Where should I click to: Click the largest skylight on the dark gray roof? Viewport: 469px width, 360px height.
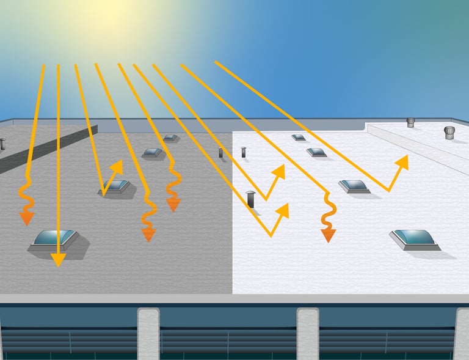pos(55,239)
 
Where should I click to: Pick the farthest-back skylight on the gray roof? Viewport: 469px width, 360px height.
pos(170,138)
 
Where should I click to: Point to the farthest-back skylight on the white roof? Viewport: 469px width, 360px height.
pos(299,138)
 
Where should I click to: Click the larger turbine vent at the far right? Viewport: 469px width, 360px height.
pos(449,133)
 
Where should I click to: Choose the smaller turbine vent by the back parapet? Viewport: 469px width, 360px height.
pos(410,122)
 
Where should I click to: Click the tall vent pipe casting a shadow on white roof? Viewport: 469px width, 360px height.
pos(250,199)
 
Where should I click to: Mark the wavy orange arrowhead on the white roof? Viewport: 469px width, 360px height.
pos(329,234)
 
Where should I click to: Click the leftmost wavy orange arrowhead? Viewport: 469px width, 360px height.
pos(26,218)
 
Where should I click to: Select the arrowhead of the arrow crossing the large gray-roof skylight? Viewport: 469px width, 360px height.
pos(57,260)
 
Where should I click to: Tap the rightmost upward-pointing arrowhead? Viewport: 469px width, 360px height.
pos(402,161)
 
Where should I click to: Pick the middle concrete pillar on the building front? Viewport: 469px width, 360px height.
pos(308,333)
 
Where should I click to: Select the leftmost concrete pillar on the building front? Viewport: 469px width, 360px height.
pos(148,333)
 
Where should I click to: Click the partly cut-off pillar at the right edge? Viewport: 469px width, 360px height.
pos(462,333)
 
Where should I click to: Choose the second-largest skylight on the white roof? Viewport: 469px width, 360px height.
pos(354,186)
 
